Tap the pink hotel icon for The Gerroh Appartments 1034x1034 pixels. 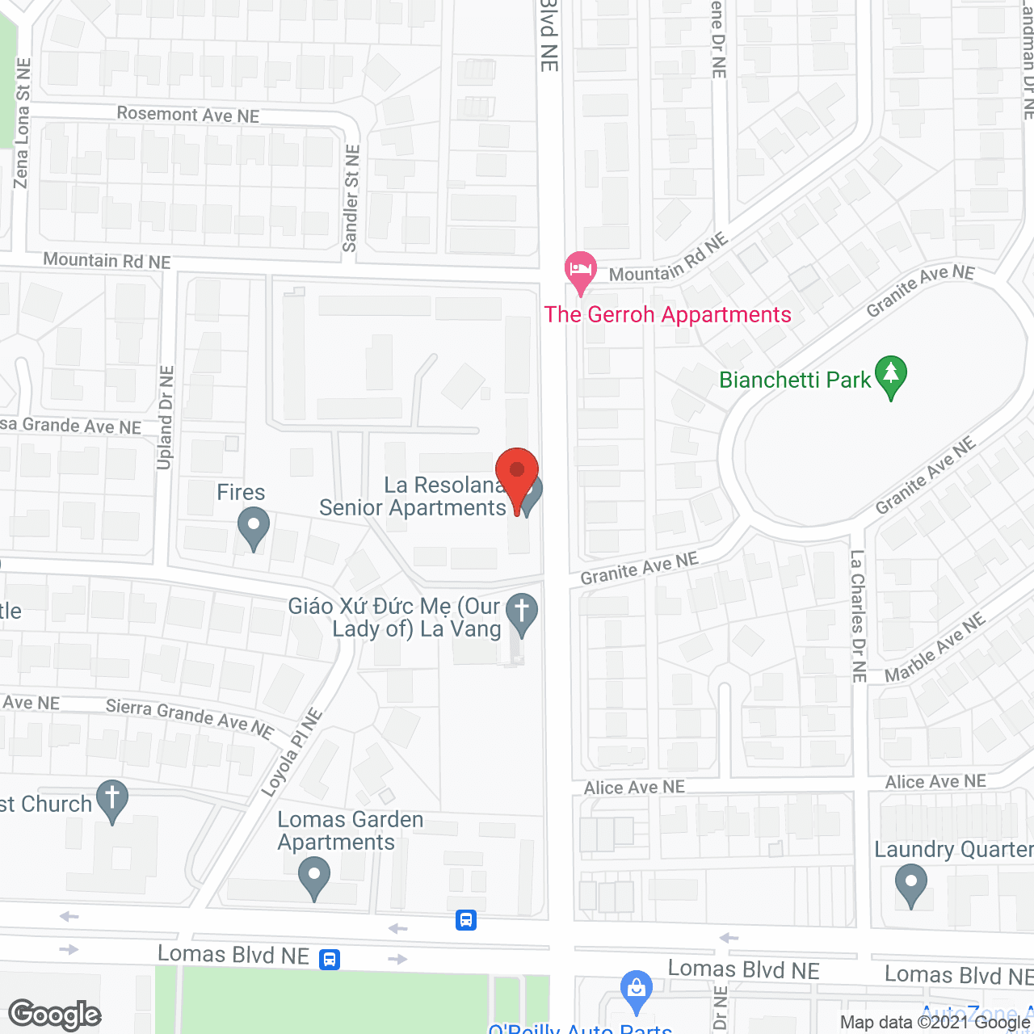(580, 271)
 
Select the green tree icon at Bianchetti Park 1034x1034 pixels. (890, 376)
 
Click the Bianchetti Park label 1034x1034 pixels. (795, 380)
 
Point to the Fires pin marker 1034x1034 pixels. (254, 527)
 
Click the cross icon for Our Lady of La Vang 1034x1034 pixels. (521, 613)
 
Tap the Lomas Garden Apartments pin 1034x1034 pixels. (314, 876)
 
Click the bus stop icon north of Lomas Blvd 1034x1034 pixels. (466, 920)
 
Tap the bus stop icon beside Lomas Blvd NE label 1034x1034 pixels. (330, 959)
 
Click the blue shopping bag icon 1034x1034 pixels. (637, 990)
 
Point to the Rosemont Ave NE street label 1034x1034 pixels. (188, 115)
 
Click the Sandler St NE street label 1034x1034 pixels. (351, 198)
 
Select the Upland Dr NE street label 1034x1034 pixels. (166, 417)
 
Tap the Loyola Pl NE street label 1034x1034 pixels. (292, 752)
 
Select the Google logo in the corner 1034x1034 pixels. (55, 1015)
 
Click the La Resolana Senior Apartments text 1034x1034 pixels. (413, 496)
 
